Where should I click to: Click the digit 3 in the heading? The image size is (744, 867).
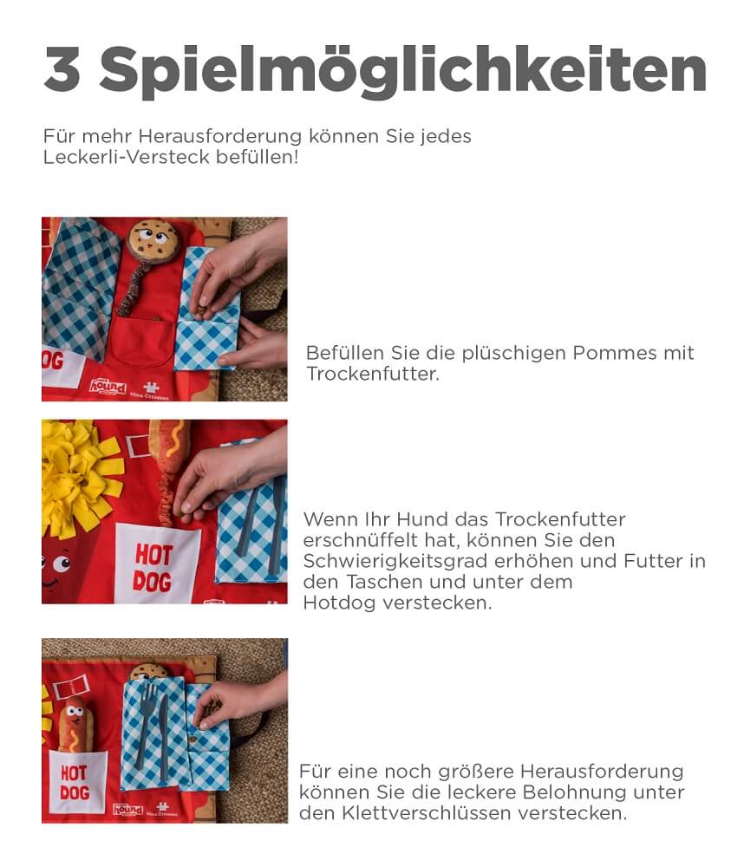click(x=62, y=69)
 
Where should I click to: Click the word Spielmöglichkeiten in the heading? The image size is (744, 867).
click(x=402, y=71)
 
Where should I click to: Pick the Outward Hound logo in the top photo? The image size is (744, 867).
click(x=108, y=386)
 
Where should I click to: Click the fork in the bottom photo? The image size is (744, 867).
click(x=147, y=723)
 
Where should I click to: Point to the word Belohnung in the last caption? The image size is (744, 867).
click(x=575, y=792)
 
